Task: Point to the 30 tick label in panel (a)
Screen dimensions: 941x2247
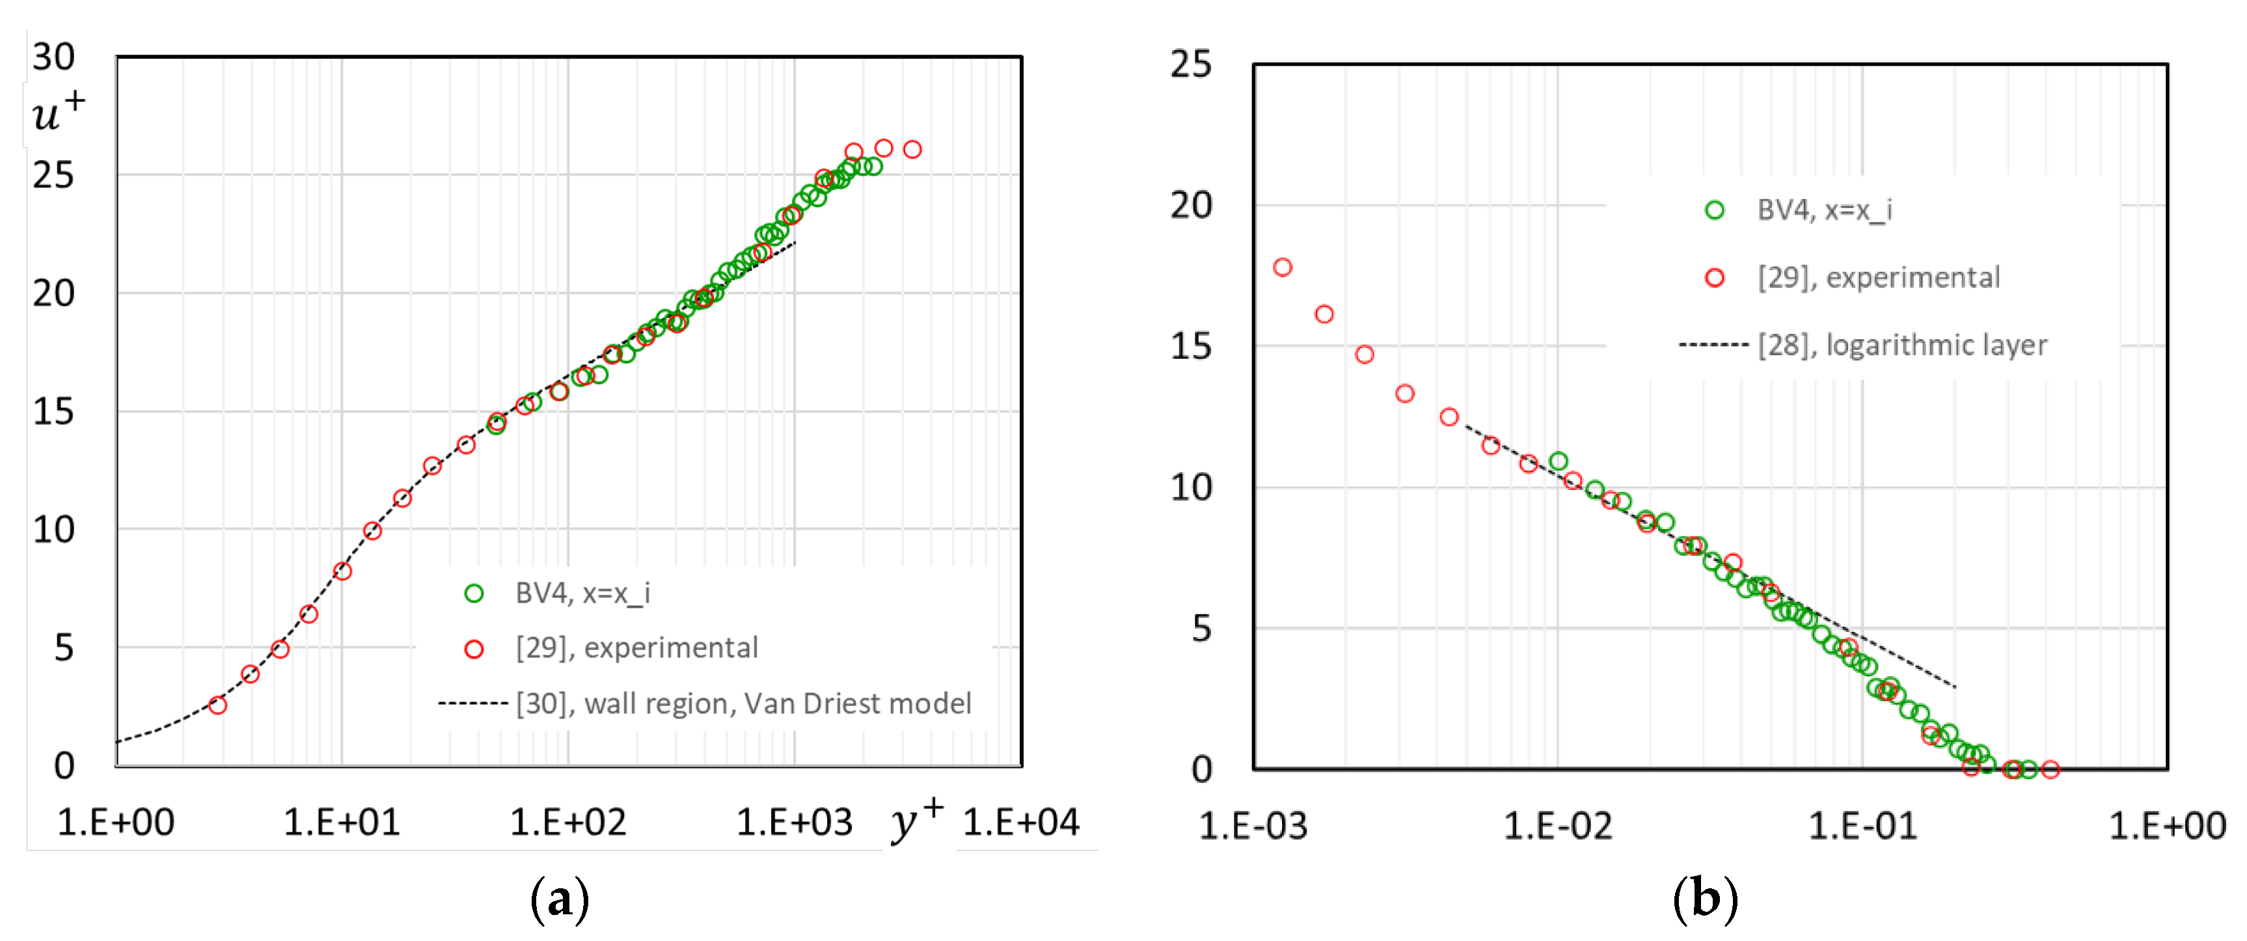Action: pos(53,57)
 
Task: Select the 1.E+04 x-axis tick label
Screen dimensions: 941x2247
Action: pos(1020,823)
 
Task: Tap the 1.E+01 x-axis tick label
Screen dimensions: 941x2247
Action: pos(342,823)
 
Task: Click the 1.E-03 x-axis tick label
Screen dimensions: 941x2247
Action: pos(1253,826)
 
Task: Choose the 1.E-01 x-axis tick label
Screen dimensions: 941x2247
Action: pos(1863,826)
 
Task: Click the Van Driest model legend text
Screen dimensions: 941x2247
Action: pos(743,703)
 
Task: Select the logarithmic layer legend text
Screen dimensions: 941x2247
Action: pos(1901,346)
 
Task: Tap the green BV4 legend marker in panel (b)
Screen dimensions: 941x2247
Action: pos(1714,210)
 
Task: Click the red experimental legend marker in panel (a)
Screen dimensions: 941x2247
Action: pos(474,649)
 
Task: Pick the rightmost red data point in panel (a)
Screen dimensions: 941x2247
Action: pos(912,149)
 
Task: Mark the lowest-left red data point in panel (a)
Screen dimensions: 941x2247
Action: pos(218,705)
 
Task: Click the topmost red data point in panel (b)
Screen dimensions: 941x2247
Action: pos(1282,267)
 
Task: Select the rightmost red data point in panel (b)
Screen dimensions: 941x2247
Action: pos(2050,769)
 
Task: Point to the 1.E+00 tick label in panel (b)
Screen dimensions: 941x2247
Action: pos(2167,826)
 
